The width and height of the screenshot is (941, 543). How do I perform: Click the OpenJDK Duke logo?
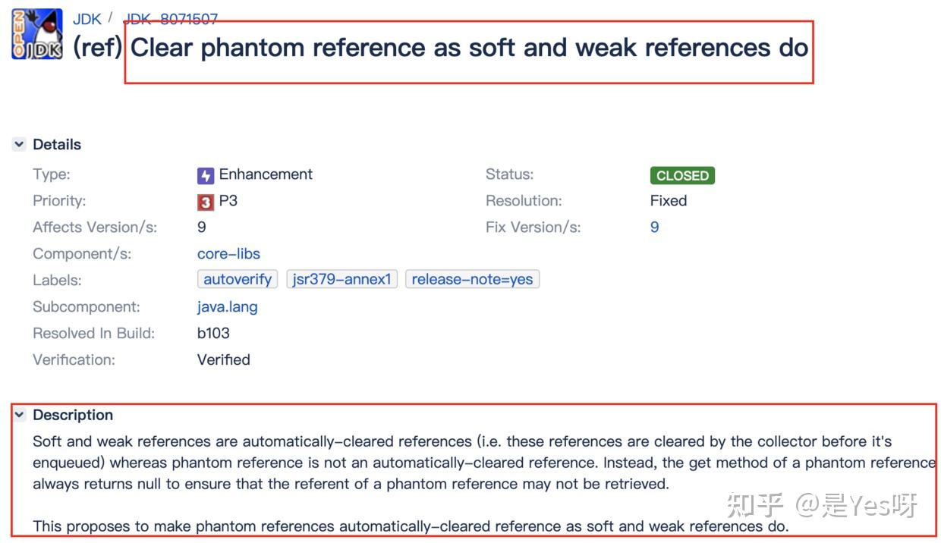tap(37, 34)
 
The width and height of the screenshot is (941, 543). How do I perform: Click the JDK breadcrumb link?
tap(87, 19)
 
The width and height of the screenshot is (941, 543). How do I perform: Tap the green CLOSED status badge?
tap(682, 175)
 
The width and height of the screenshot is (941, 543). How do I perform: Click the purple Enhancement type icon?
tap(206, 175)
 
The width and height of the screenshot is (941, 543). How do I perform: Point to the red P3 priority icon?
tap(206, 202)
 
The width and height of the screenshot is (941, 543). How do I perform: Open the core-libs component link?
tap(228, 253)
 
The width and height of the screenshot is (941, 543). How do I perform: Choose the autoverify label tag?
tap(238, 279)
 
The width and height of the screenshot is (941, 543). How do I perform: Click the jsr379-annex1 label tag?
tap(341, 279)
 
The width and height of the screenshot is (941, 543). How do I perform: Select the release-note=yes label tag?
tap(472, 279)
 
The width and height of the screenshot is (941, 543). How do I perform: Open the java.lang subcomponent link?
tap(227, 307)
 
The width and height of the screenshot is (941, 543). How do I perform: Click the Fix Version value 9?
tap(654, 228)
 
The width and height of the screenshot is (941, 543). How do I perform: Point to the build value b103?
tap(213, 333)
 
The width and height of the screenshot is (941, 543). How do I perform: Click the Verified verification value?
tap(223, 359)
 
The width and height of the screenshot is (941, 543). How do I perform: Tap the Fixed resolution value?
tap(669, 201)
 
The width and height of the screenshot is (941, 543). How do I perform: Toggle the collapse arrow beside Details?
tap(19, 144)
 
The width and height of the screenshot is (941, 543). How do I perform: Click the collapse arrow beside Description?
tap(19, 415)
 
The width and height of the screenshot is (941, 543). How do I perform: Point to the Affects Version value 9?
tap(202, 228)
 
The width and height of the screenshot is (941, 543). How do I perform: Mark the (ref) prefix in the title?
tap(97, 47)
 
